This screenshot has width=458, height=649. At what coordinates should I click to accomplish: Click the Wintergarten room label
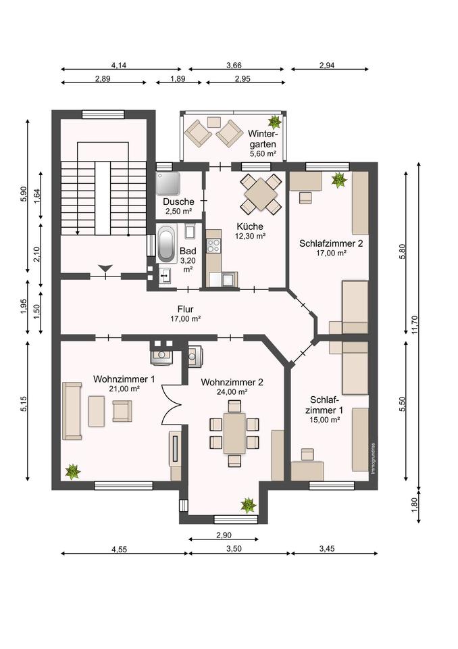[x=262, y=143]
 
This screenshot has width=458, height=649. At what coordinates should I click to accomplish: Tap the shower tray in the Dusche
[x=168, y=183]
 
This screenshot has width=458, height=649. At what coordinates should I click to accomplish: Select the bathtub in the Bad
[x=166, y=243]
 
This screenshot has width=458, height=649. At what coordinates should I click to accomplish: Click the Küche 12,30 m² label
[x=250, y=231]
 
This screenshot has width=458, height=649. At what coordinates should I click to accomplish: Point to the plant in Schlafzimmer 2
[x=339, y=180]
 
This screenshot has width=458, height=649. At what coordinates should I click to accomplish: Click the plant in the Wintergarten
[x=274, y=122]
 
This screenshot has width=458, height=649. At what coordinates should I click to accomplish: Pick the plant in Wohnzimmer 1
[x=72, y=471]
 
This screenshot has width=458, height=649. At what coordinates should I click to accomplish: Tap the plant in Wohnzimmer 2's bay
[x=248, y=505]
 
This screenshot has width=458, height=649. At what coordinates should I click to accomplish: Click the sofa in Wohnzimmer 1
[x=72, y=411]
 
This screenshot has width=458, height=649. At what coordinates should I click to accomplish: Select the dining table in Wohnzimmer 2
[x=234, y=433]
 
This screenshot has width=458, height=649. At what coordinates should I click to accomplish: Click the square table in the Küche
[x=261, y=194]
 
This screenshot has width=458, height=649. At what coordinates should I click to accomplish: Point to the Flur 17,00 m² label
[x=185, y=314]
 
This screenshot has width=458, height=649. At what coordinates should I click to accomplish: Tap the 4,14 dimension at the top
[x=119, y=65]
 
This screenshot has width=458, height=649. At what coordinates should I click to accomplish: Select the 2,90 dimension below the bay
[x=224, y=535]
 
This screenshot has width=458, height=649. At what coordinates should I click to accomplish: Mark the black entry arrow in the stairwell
[x=106, y=268]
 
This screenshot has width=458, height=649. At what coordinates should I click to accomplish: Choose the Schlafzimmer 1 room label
[x=325, y=410]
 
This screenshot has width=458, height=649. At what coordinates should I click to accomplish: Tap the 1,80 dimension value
[x=415, y=504]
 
